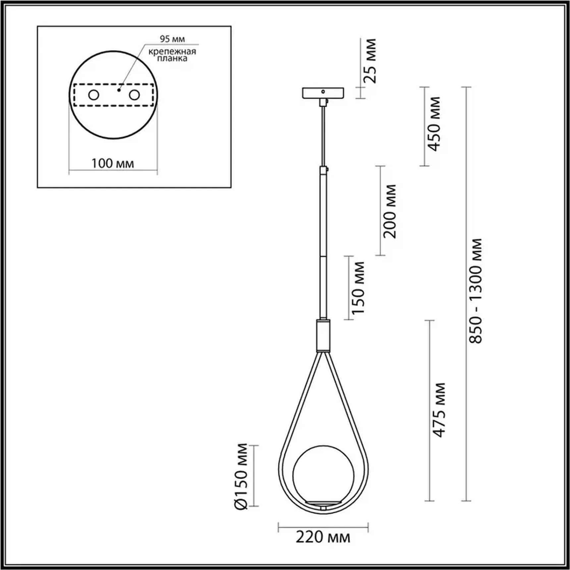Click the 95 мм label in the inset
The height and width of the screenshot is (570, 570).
(x=172, y=39)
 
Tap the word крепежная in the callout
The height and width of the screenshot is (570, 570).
(x=172, y=52)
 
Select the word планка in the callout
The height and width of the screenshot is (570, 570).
(x=172, y=59)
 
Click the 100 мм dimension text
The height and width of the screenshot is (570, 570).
(x=113, y=163)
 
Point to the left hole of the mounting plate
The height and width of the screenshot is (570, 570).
(x=93, y=95)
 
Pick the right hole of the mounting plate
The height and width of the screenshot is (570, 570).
(x=134, y=95)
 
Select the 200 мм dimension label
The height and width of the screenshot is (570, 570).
(x=389, y=211)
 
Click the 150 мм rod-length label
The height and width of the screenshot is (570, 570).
(x=358, y=288)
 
